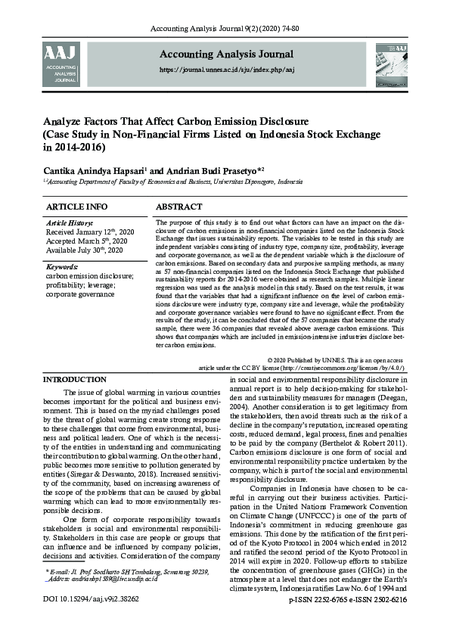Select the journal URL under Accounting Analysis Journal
(x=226, y=69)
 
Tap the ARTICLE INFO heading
(x=77, y=207)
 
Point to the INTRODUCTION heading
(x=74, y=379)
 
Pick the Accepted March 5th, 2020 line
(x=87, y=241)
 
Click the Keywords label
(x=63, y=267)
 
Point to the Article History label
(x=70, y=223)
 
